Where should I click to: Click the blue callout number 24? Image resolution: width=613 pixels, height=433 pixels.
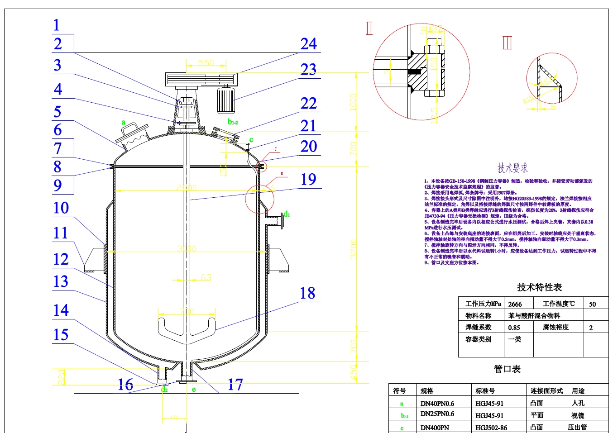point(309,44)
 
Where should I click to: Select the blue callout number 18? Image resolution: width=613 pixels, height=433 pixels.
point(308,293)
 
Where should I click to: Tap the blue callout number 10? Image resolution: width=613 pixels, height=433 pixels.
point(61,208)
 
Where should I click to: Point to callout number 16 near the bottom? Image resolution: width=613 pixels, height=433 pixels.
point(125,385)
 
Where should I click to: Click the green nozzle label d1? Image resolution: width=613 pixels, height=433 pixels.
point(287,214)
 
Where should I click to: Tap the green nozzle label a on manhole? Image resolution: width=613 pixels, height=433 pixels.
point(123,122)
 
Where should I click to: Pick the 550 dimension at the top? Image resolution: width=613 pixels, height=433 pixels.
point(206,62)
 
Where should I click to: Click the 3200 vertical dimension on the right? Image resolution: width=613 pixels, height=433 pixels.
point(354,249)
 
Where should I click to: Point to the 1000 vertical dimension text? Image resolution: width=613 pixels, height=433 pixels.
point(353,102)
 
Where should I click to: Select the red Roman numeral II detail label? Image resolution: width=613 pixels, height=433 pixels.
point(369,29)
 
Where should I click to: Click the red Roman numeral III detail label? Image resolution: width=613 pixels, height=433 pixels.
point(507,43)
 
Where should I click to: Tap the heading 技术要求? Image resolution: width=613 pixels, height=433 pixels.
point(512,168)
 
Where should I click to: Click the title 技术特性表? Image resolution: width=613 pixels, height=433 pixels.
point(539,287)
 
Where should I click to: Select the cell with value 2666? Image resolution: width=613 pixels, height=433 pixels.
point(515,304)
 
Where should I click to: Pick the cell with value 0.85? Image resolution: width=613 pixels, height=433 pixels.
point(514,328)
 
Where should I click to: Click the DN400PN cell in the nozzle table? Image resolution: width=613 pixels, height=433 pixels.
point(435,428)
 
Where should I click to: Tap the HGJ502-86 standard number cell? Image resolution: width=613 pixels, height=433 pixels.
point(491,428)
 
